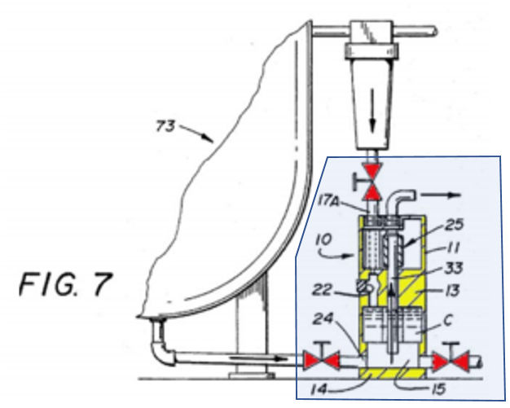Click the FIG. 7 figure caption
[66, 284]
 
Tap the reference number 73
[165, 126]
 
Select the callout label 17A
[328, 201]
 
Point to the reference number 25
[454, 224]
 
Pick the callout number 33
[454, 269]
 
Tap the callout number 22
[323, 289]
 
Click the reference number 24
[323, 318]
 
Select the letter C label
[448, 321]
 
